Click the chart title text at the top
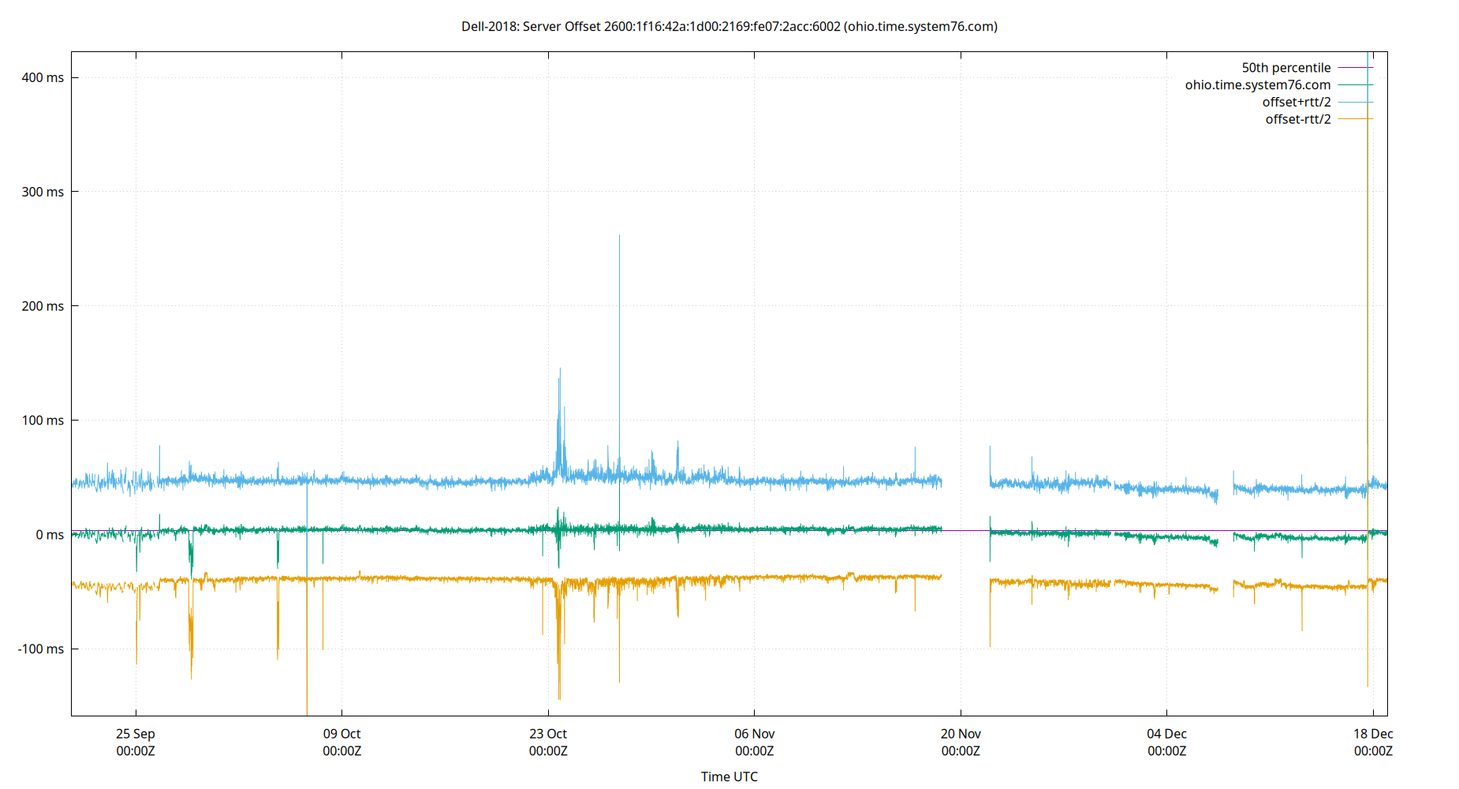(x=729, y=27)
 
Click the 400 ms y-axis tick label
(x=43, y=77)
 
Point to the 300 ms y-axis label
(x=43, y=192)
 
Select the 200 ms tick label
(x=43, y=306)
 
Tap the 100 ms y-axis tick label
(x=43, y=421)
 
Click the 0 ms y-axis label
(x=50, y=535)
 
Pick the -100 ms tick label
(x=41, y=649)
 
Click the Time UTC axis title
(x=729, y=776)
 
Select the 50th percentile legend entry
(x=1285, y=68)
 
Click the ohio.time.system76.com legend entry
(x=1257, y=85)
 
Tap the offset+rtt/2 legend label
(x=1296, y=103)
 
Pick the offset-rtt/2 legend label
(x=1297, y=120)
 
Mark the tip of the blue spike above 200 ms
(x=619, y=236)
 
